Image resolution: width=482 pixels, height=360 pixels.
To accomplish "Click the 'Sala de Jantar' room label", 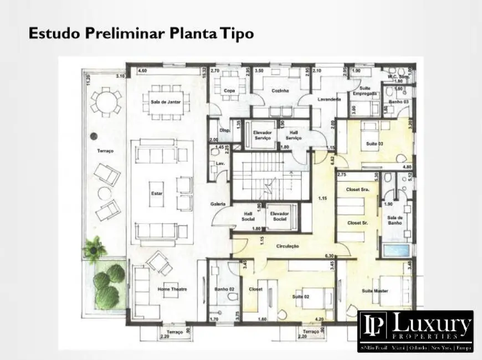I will click(166, 102).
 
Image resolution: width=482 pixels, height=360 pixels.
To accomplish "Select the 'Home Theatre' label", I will click(172, 289).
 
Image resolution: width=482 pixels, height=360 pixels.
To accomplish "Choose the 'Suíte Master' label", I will click(375, 291).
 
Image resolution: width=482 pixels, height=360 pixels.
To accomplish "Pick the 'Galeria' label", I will click(218, 204).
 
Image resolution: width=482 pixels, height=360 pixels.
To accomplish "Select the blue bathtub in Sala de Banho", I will click(396, 249).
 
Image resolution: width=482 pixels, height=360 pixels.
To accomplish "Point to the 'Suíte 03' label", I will click(375, 144).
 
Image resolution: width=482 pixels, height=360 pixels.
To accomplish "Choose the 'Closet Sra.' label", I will click(357, 189).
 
